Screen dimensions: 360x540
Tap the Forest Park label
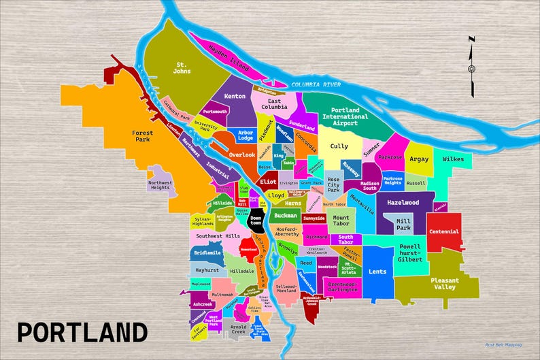(x=142, y=137)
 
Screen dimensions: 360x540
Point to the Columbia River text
(x=315, y=84)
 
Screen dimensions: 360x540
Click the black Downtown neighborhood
(x=256, y=220)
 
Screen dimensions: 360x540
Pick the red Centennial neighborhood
(x=445, y=232)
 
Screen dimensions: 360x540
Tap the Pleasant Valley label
(x=445, y=283)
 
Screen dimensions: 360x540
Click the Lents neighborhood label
(x=377, y=272)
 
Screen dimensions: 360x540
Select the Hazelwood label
(x=403, y=202)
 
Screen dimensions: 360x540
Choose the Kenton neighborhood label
(x=235, y=96)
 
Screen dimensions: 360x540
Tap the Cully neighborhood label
(x=339, y=146)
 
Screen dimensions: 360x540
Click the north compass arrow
(x=471, y=66)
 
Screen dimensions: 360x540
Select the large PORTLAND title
(x=82, y=333)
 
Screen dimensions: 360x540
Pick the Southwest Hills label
(x=218, y=236)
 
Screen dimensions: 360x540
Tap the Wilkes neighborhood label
(x=453, y=159)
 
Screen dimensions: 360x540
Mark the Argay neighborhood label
(x=419, y=159)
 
